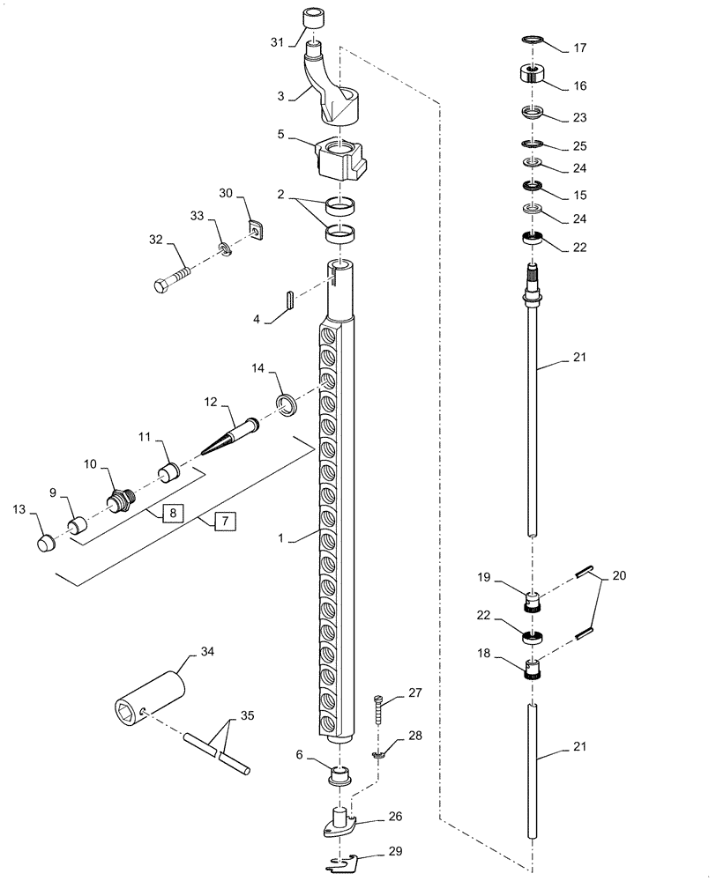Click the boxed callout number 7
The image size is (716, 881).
click(x=225, y=522)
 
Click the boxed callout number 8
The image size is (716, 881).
click(x=172, y=514)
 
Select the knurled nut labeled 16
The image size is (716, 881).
click(x=533, y=76)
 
